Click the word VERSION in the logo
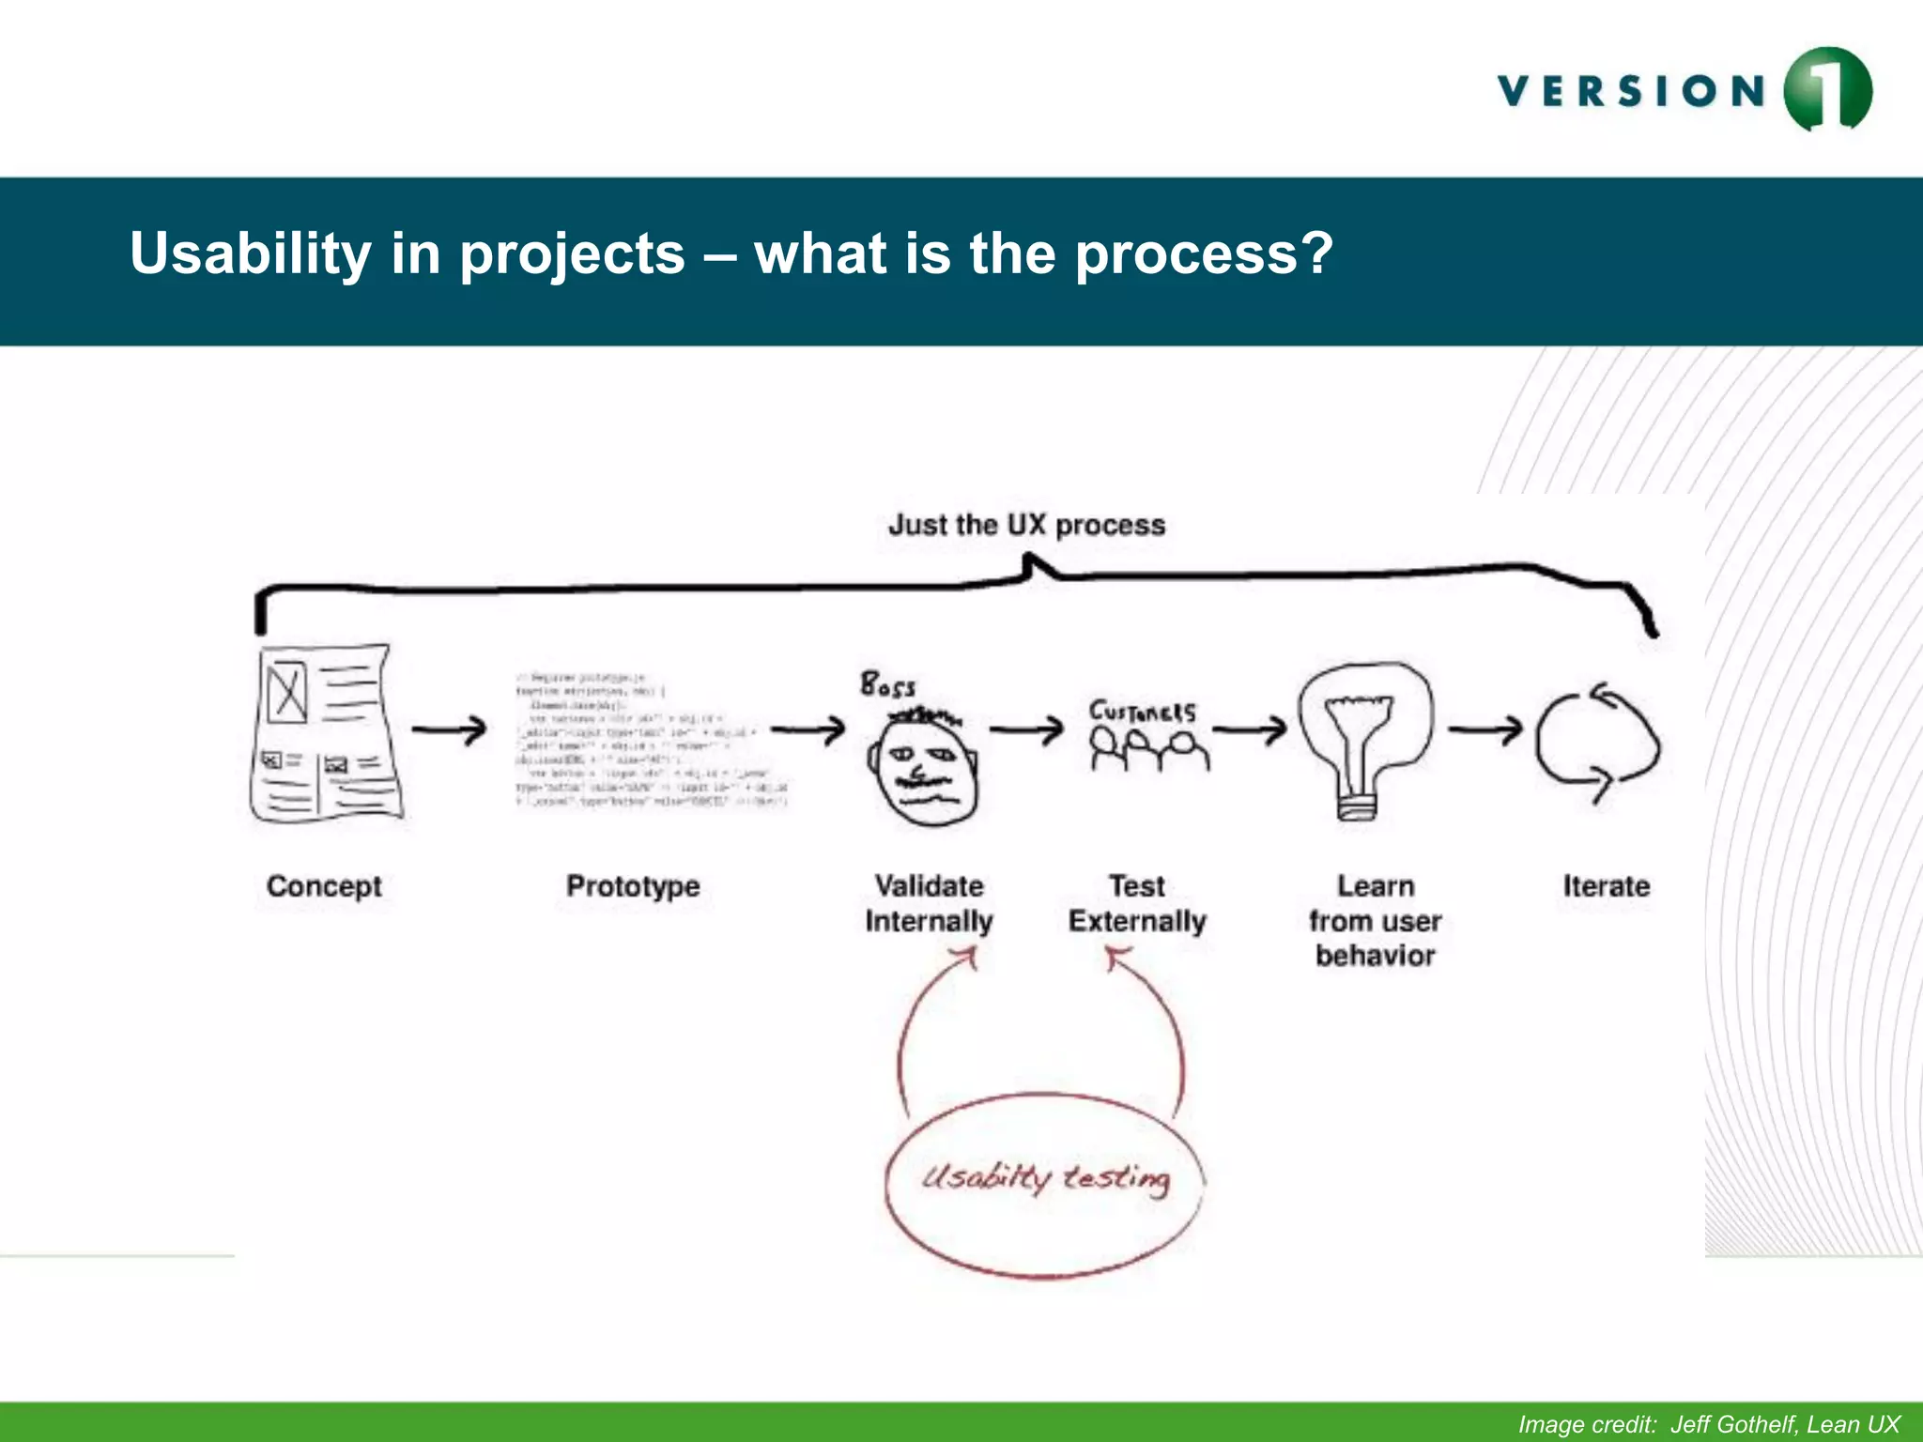1632,92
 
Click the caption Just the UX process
1026,525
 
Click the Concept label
324,886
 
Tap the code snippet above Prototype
651,740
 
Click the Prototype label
633,886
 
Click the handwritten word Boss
887,684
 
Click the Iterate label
1606,886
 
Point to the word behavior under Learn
1375,956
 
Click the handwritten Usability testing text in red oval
1045,1177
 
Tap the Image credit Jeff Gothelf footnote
1709,1424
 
